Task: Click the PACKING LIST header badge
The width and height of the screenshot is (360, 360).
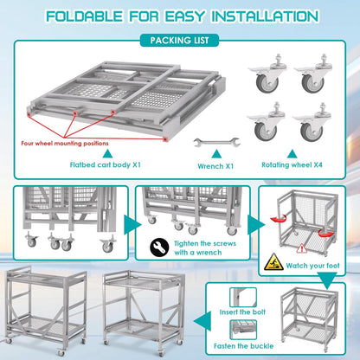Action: click(x=179, y=39)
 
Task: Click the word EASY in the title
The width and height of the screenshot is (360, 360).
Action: click(x=173, y=15)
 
